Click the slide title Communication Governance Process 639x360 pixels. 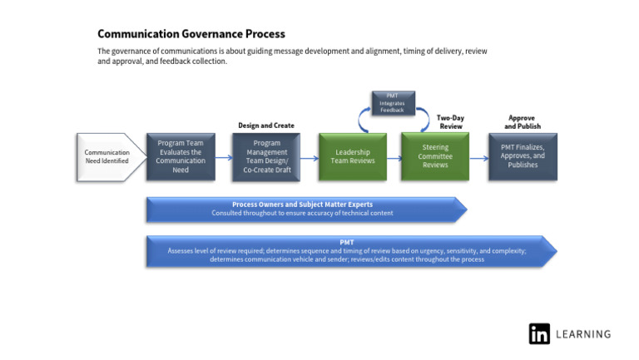tap(191, 34)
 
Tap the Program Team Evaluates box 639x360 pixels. tap(181, 156)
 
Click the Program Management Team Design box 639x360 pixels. tap(266, 156)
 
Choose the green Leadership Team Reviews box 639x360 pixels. tap(353, 156)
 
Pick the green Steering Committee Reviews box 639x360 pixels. tap(435, 156)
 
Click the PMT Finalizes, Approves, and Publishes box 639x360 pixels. tap(523, 156)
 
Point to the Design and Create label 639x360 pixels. tap(266, 126)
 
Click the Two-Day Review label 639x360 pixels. tap(450, 122)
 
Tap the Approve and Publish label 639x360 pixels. tap(523, 122)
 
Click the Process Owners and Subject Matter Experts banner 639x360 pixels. tap(305, 209)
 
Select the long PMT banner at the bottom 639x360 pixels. tap(349, 250)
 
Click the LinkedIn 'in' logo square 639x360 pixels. tap(539, 333)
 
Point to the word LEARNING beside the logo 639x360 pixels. tap(583, 334)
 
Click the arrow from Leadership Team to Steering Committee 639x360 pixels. tap(394, 157)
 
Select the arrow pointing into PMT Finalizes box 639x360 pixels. tap(478, 157)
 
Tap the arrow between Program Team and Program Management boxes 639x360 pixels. tap(224, 157)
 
